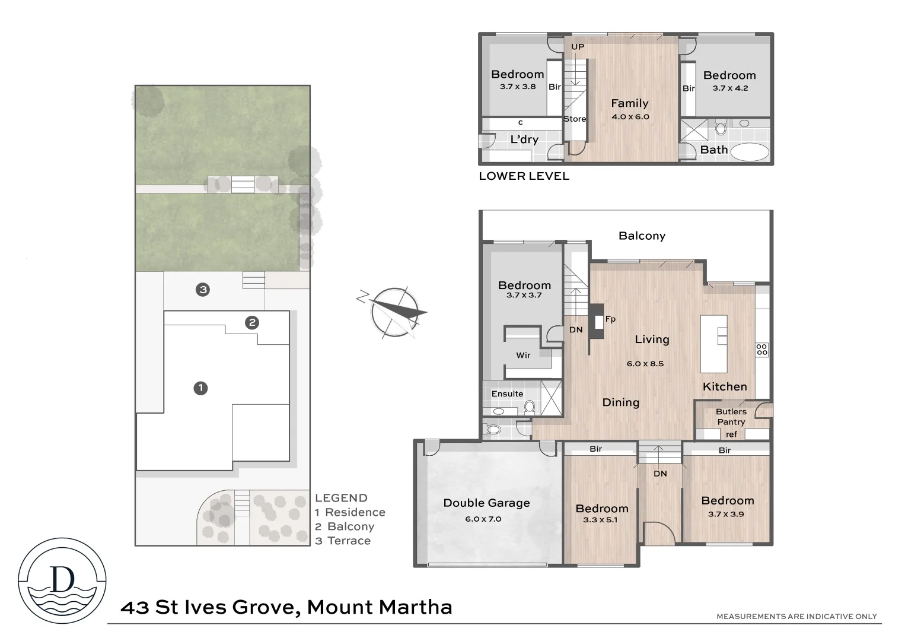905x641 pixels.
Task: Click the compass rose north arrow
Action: click(392, 312)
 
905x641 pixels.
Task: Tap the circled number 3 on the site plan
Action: click(203, 290)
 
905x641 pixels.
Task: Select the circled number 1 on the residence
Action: click(200, 388)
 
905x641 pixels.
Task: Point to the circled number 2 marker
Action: click(253, 323)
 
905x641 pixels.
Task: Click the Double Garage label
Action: click(486, 503)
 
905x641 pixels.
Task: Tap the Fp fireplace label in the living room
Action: click(610, 319)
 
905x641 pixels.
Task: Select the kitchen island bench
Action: click(713, 344)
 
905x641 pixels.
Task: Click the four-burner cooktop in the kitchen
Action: click(761, 350)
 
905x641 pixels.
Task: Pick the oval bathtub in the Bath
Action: click(750, 152)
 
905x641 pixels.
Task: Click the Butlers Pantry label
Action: click(731, 417)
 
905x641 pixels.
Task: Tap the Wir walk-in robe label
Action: click(523, 356)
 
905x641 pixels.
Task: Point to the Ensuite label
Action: click(507, 394)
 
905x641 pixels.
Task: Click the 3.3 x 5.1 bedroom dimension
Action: click(600, 520)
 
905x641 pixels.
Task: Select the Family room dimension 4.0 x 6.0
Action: click(630, 117)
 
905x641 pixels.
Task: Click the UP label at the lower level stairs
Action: click(577, 47)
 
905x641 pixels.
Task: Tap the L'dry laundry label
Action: click(524, 139)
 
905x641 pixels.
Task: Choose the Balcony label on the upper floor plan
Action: click(642, 236)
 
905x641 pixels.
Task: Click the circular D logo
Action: click(62, 580)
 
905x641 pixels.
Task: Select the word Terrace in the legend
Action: click(349, 541)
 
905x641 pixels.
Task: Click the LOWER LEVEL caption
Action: click(524, 176)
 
